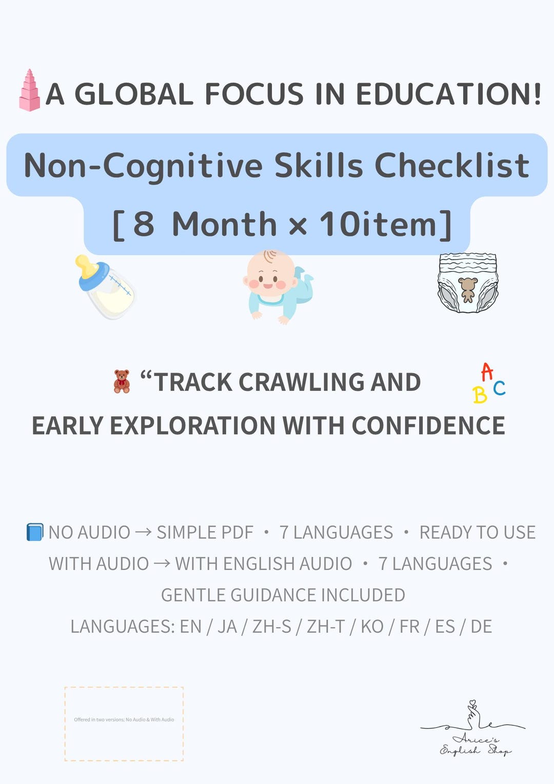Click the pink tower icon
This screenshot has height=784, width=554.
(29, 91)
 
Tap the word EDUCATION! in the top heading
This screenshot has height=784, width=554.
(448, 94)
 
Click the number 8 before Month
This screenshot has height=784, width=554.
(144, 224)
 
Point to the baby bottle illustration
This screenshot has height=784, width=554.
(106, 286)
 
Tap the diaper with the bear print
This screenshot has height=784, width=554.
(467, 283)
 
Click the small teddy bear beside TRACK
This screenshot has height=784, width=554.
(122, 381)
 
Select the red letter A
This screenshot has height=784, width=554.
(487, 371)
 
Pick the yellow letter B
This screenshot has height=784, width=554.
(480, 395)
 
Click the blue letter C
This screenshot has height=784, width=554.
(499, 388)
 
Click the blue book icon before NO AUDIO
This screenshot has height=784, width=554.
(34, 532)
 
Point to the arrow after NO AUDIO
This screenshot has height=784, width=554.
(143, 532)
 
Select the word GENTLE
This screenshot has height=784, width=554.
(193, 595)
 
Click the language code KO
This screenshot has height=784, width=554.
(372, 626)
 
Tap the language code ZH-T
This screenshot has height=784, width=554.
(325, 626)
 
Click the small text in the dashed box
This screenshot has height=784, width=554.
(124, 719)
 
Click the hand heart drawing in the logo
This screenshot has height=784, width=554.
(472, 714)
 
